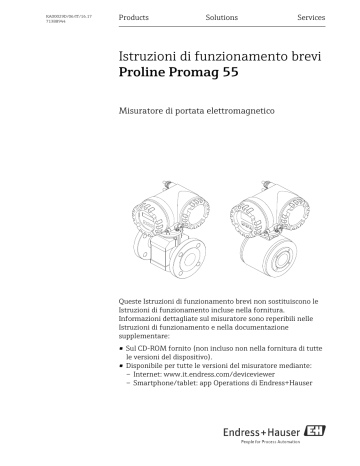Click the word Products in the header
pyautogui.click(x=133, y=19)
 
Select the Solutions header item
pyautogui.click(x=221, y=19)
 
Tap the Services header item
pyautogui.click(x=310, y=19)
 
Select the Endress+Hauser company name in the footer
pyautogui.click(x=266, y=434)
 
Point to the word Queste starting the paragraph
pyautogui.click(x=130, y=301)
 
